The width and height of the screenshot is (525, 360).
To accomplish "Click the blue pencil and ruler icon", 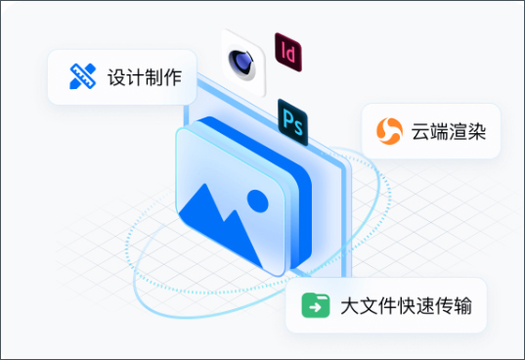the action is tap(82, 76).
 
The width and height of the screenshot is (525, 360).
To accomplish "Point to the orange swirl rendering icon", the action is tap(389, 130).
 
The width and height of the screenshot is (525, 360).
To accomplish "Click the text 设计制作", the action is tap(145, 76).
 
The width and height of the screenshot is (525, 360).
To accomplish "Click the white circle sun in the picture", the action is tap(257, 202).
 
